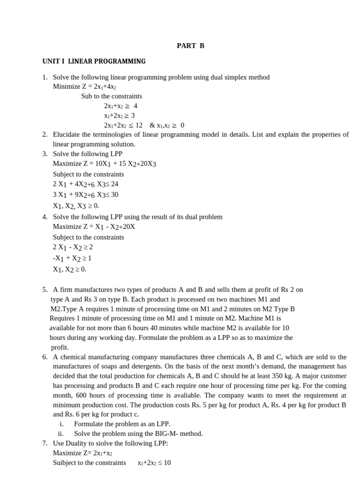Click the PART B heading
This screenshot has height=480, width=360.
pos(190,46)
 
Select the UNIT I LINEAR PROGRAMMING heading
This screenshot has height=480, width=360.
pos(94,61)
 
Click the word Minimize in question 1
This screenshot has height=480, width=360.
pos(67,87)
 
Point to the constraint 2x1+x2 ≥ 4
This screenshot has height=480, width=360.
pos(120,106)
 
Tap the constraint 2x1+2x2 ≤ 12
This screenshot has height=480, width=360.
pos(123,125)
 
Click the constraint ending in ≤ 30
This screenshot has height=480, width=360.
pos(85,195)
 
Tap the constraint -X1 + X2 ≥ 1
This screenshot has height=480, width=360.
pos(72,258)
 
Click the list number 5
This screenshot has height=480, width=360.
pos(44,290)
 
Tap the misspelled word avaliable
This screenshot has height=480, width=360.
pos(185,395)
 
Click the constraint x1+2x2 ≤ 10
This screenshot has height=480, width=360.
pos(154,463)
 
